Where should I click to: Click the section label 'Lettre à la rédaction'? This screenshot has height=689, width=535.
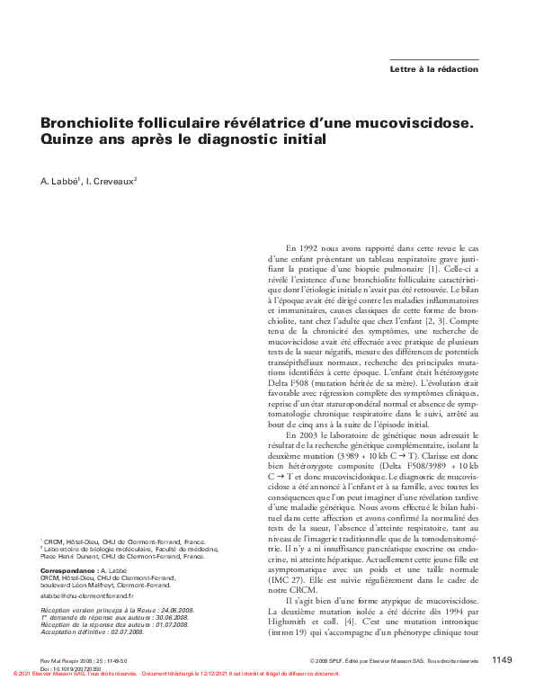pyautogui.click(x=433, y=69)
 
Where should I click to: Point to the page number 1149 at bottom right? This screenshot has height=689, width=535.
pyautogui.click(x=502, y=660)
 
